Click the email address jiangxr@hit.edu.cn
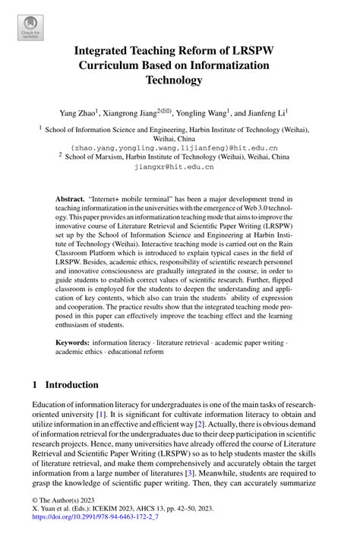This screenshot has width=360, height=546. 179,167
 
